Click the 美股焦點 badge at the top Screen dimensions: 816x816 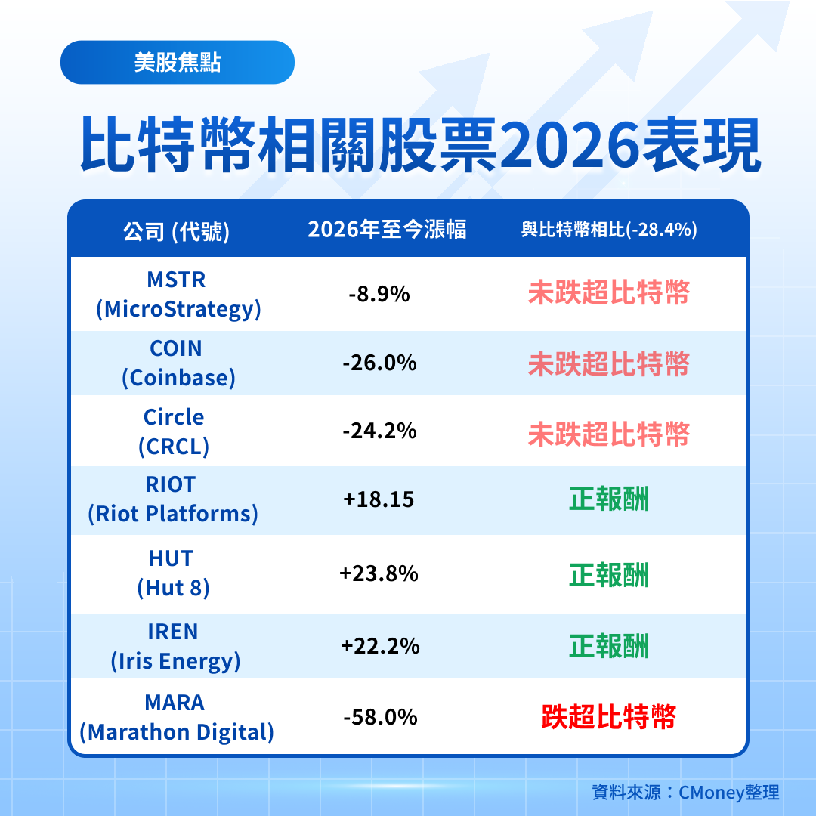(177, 63)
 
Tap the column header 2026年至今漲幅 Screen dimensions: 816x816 (387, 230)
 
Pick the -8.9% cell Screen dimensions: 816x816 (379, 294)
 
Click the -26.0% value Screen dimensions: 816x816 (379, 363)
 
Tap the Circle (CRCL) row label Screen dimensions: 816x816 (174, 431)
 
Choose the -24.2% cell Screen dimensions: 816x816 (379, 431)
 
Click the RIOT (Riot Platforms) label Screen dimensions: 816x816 (172, 499)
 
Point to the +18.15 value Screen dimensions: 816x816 (379, 499)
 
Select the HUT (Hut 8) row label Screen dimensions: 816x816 (172, 573)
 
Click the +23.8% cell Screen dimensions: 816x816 (379, 573)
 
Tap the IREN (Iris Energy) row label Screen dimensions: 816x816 (175, 646)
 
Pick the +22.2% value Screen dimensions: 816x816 (379, 646)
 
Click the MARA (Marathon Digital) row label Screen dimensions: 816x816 (176, 717)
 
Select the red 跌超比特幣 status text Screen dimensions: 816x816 (608, 717)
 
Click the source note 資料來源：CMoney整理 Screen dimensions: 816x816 (685, 792)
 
